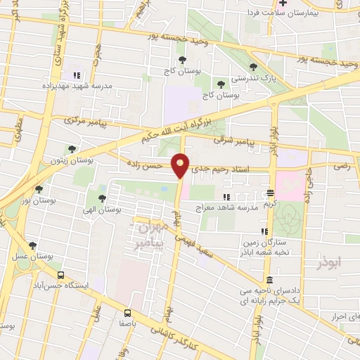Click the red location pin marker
point(181,165)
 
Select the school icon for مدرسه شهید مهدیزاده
point(77,75)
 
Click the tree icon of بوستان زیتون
point(72,148)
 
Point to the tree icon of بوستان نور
point(38,188)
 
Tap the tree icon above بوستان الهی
point(103,198)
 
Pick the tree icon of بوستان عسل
point(32,245)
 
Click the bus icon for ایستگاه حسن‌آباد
point(61,275)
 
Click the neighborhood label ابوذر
point(333,262)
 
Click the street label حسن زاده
point(146,167)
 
